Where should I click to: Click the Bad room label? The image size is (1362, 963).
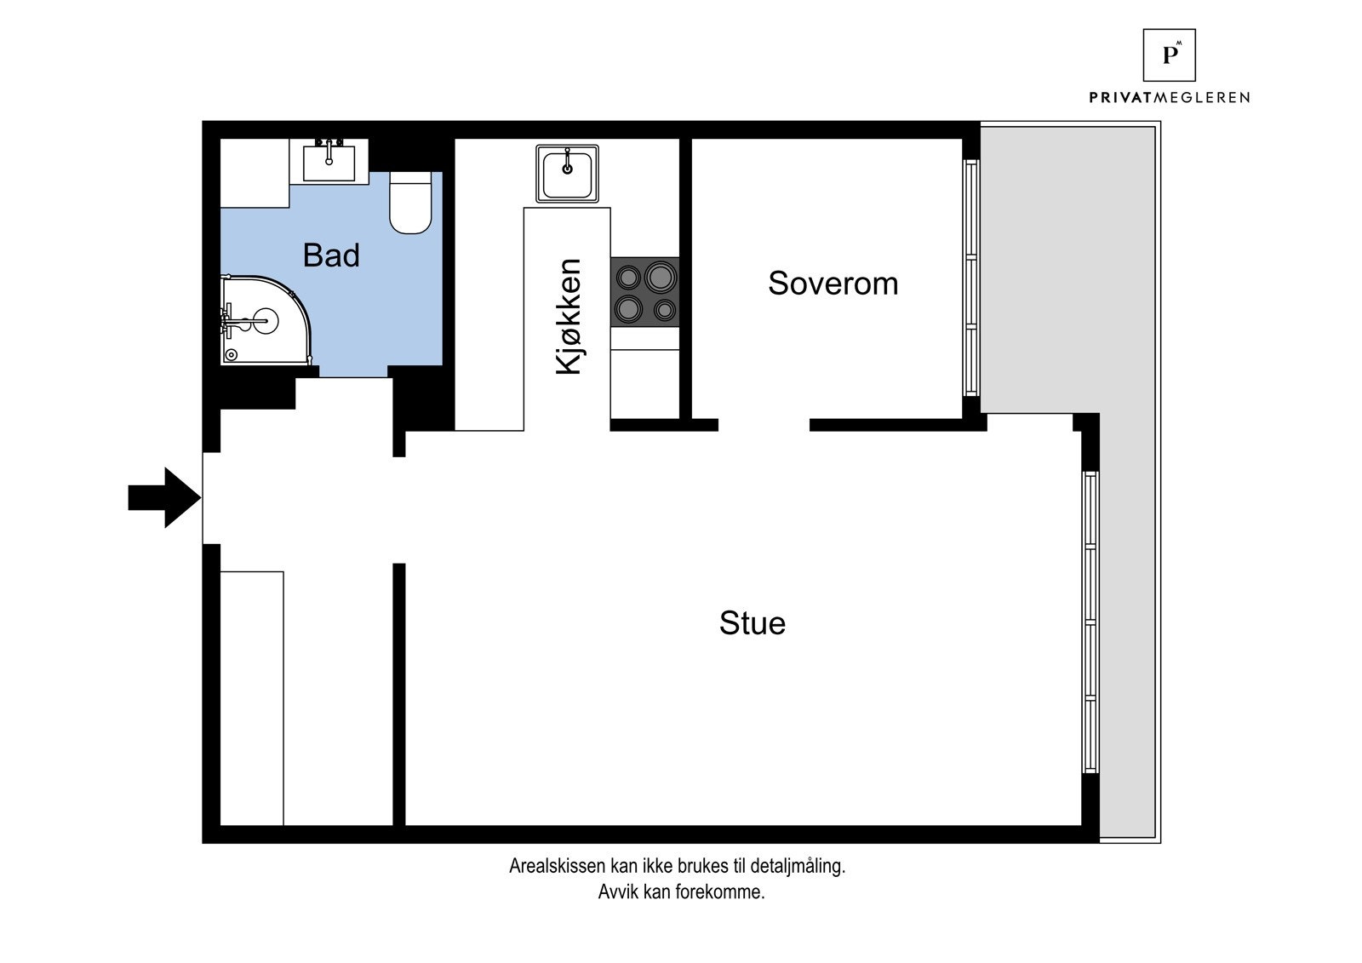[x=331, y=255]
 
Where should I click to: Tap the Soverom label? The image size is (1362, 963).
[x=833, y=283]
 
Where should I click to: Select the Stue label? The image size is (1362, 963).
[x=753, y=623]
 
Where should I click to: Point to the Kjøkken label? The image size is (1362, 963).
[x=569, y=317]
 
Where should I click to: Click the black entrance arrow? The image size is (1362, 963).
[x=164, y=497]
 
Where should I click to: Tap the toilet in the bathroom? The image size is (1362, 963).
[x=410, y=203]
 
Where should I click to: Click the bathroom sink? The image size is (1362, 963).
[x=329, y=160]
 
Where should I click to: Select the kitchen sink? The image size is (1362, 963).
[x=567, y=174]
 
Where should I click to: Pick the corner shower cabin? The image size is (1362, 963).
[x=266, y=320]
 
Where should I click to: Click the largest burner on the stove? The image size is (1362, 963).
[x=661, y=277]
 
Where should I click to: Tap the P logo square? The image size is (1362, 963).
[x=1170, y=54]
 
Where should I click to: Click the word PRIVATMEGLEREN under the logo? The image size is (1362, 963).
[x=1170, y=97]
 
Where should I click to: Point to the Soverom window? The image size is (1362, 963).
[x=971, y=278]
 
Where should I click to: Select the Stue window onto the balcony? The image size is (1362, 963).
[x=1090, y=622]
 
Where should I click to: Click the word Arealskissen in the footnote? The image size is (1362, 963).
[x=557, y=866]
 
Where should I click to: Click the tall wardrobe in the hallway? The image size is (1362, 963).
[x=252, y=698]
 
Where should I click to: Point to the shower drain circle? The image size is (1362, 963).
[x=231, y=355]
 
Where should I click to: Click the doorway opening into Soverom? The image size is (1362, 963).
[x=764, y=425]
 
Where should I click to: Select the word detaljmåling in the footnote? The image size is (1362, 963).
[x=798, y=866]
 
